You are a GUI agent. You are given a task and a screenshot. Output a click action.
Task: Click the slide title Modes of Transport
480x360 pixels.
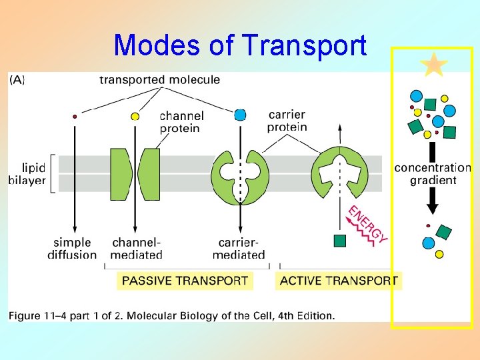240,45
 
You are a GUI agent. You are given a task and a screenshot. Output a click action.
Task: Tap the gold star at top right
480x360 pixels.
434,65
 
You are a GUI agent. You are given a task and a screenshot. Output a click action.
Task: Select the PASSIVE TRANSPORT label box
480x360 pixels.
185,281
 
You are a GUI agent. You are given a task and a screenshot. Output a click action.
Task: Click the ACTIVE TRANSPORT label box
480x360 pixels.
339,281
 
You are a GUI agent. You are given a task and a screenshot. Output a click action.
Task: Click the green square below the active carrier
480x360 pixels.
340,240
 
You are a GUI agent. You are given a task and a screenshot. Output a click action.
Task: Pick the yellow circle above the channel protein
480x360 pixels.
135,117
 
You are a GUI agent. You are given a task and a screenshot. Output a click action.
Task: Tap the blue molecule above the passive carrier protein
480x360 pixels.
240,115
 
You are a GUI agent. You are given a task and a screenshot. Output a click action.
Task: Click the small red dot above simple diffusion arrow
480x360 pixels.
75,117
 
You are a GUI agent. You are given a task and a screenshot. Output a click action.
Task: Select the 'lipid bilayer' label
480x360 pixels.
28,173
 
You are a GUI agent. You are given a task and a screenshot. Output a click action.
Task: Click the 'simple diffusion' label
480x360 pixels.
72,249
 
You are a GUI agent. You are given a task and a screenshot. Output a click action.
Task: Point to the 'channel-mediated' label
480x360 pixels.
137,249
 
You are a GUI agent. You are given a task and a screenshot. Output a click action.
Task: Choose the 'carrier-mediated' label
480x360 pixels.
239,249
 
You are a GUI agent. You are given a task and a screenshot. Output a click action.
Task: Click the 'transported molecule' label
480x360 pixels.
159,80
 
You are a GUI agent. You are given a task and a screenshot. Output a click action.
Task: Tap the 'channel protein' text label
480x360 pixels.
181,122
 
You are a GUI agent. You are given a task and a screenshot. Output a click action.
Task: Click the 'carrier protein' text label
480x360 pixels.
287,121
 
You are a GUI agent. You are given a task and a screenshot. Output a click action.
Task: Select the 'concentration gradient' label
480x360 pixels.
433,174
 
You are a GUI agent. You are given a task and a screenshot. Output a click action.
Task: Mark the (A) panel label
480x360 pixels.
17,80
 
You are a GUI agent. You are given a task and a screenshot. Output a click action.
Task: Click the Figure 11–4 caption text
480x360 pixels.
172,315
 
